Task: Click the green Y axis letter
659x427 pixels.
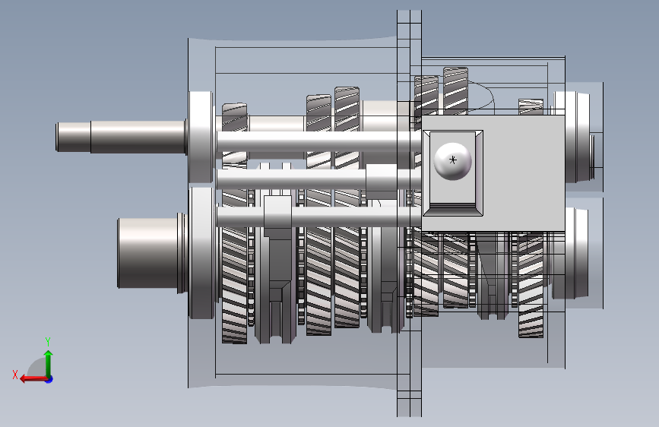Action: (x=48, y=341)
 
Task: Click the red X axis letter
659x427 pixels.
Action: (x=15, y=375)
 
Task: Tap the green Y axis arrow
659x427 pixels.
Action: (x=49, y=364)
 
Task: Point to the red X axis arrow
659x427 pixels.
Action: (x=33, y=378)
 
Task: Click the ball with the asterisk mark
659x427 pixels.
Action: (x=452, y=161)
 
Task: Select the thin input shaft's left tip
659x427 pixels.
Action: (x=57, y=137)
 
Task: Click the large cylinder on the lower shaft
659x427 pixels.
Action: (x=147, y=253)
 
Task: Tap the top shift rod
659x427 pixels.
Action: (x=318, y=141)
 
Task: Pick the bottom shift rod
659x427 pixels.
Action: (x=318, y=217)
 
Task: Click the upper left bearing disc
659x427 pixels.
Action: (x=201, y=137)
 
